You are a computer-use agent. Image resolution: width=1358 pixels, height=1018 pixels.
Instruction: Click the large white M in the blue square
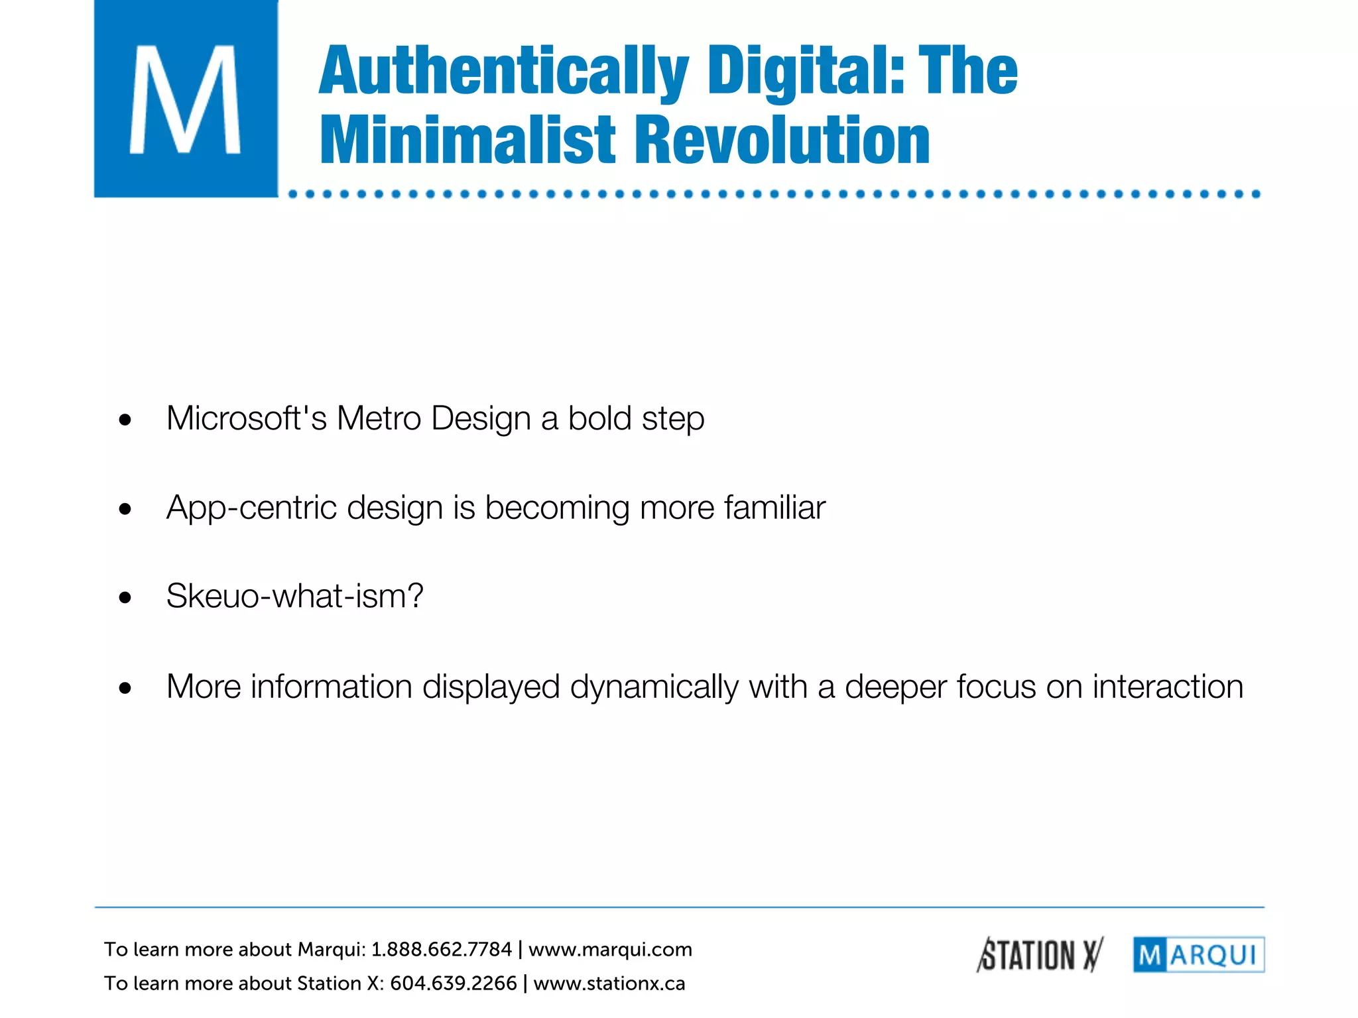coord(185,99)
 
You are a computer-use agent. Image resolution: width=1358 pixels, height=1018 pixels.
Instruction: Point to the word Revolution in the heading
coord(782,141)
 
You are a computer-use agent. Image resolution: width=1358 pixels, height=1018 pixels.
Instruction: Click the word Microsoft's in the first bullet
coord(246,419)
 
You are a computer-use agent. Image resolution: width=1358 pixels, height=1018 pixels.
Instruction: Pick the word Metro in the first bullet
coord(379,419)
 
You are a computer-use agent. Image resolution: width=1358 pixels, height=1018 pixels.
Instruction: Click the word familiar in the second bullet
coord(774,508)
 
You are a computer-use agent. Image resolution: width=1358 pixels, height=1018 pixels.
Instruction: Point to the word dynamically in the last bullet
coord(654,687)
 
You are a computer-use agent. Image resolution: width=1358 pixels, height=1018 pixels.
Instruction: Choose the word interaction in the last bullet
coord(1168,687)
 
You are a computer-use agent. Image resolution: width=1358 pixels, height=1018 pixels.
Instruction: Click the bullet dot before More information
coord(125,689)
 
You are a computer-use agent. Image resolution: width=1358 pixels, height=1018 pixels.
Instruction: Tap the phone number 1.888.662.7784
coord(441,950)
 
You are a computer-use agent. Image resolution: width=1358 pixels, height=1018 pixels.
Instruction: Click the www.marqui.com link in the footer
coord(610,950)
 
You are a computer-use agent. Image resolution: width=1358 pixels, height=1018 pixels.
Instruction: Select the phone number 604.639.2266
coord(453,984)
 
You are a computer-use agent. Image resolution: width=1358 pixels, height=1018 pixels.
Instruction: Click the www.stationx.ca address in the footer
coord(609,984)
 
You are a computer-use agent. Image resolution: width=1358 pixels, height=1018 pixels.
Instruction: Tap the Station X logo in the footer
coord(1040,955)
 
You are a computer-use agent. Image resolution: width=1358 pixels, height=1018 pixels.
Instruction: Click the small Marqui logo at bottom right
coord(1198,955)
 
